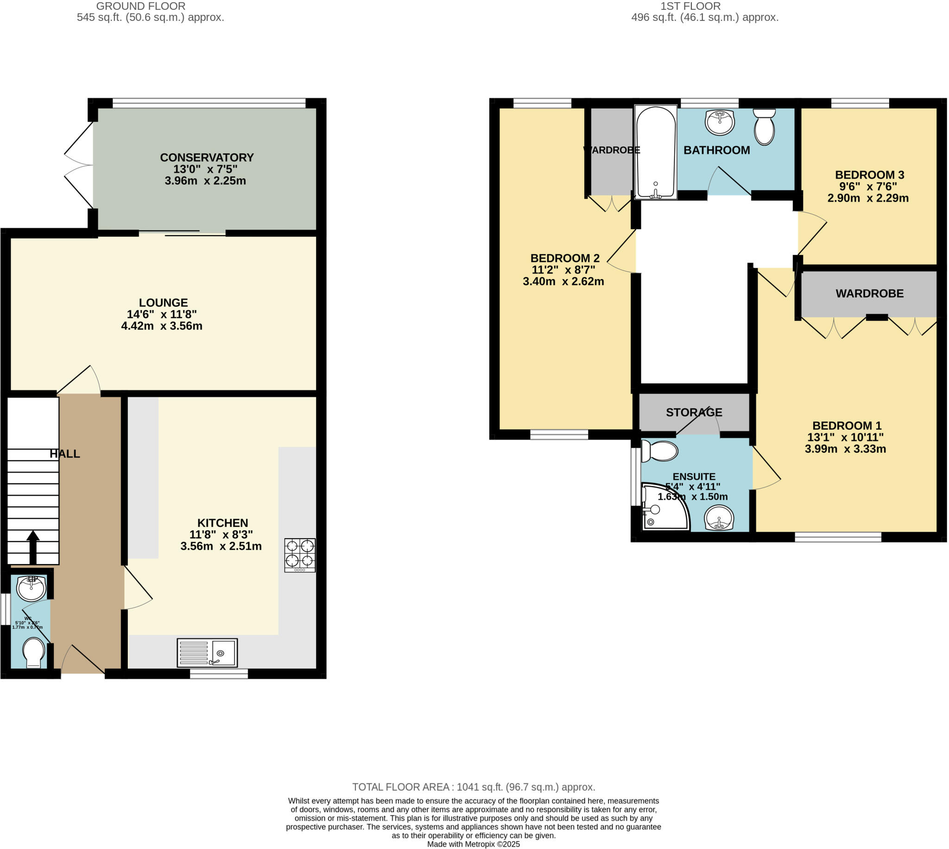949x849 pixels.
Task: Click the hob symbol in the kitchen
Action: pos(300,555)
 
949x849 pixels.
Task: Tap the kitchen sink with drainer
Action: pos(207,653)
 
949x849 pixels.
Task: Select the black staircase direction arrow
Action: pos(32,548)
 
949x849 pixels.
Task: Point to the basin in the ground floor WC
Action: pos(31,588)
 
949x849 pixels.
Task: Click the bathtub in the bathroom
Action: pos(655,152)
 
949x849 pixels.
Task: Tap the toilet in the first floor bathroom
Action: pos(764,127)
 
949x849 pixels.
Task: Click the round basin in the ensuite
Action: pos(719,518)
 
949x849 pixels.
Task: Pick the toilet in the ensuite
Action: pos(659,451)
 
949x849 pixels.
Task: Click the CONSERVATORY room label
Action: pos(207,158)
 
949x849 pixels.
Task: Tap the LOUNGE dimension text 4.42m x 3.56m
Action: pos(162,326)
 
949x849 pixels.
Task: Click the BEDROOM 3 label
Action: pos(869,175)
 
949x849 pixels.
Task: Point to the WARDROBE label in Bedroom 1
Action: pos(869,293)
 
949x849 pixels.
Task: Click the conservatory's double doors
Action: pos(78,165)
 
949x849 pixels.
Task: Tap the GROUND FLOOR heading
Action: pos(141,6)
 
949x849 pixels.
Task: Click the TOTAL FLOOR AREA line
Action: pos(473,787)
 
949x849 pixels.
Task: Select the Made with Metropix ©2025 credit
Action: pos(473,844)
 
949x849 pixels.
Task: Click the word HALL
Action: pos(65,454)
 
